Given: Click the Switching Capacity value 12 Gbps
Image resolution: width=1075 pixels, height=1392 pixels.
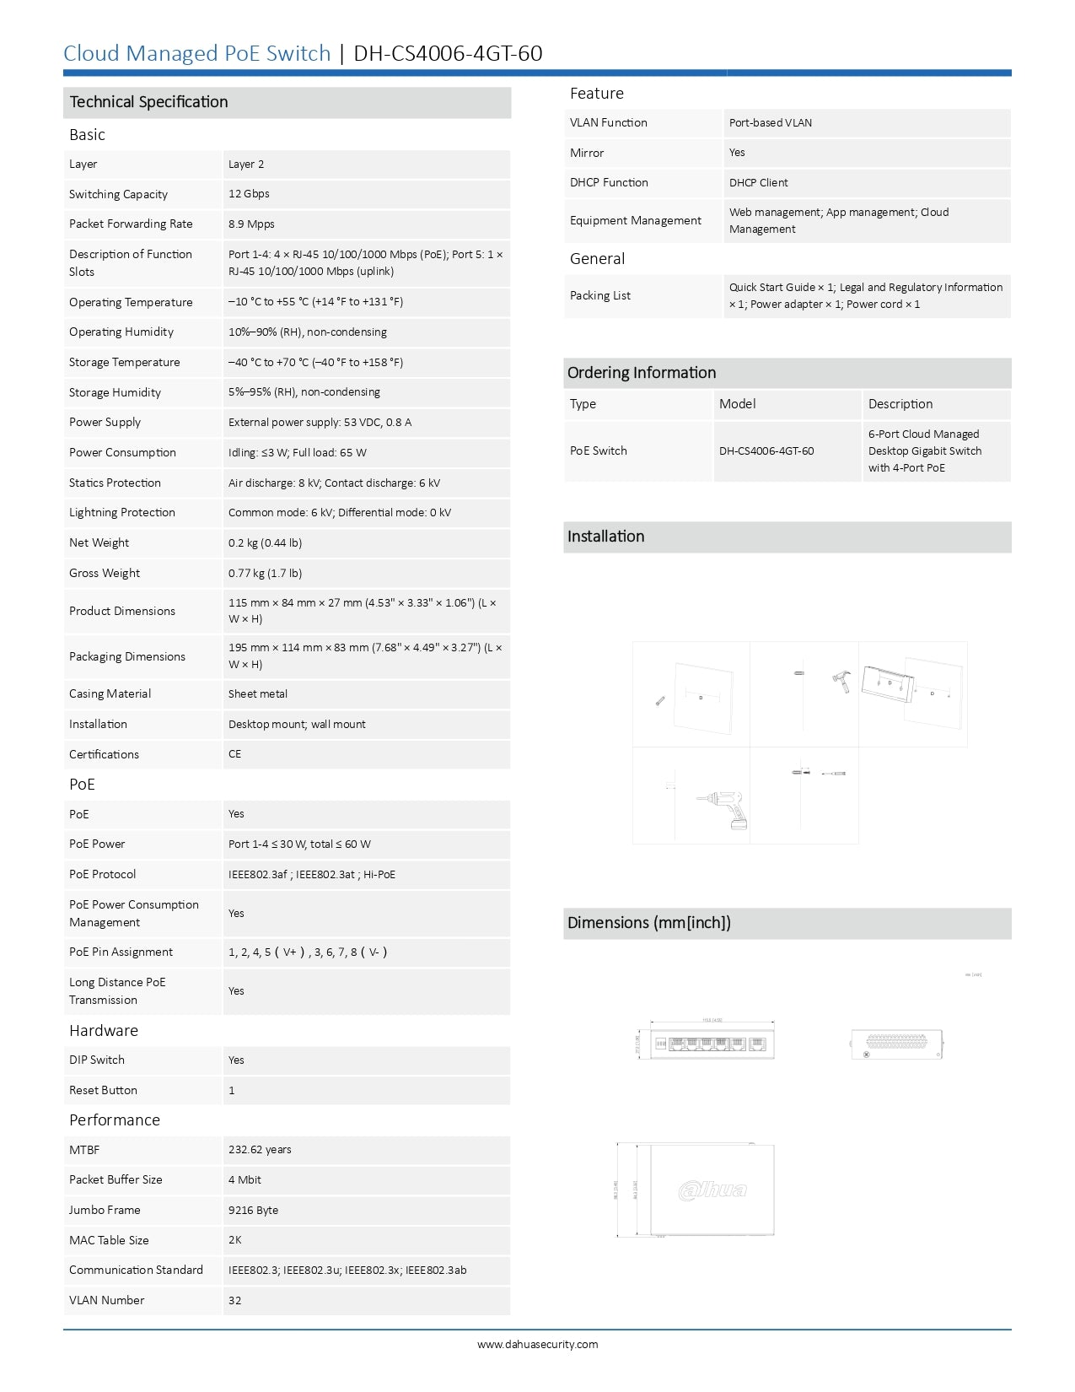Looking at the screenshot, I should (x=249, y=194).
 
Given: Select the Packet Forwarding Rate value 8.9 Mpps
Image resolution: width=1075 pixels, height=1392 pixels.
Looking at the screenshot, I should (x=251, y=224).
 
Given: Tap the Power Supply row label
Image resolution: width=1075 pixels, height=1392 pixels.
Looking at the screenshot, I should (x=105, y=423).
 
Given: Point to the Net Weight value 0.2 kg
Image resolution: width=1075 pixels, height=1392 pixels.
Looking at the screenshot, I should (x=265, y=543).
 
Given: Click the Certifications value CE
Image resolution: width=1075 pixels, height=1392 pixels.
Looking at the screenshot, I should (x=235, y=754).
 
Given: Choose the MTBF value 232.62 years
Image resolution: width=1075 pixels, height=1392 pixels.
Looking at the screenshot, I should (x=260, y=1150).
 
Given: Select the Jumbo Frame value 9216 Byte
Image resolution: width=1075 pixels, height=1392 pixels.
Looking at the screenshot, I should (x=253, y=1211).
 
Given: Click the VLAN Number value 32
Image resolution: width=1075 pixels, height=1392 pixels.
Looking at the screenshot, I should (x=235, y=1301).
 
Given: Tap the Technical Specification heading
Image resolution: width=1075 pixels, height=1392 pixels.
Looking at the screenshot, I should (x=149, y=102).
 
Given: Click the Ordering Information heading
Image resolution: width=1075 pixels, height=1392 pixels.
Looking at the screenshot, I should (x=642, y=373).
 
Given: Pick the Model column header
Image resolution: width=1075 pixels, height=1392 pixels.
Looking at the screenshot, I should (x=738, y=404).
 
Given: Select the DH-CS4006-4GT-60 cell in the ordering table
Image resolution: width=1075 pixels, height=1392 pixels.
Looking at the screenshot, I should (x=766, y=451).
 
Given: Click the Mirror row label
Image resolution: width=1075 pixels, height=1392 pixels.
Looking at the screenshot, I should (x=587, y=154).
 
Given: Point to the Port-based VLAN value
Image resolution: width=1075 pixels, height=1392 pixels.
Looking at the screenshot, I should (x=771, y=123).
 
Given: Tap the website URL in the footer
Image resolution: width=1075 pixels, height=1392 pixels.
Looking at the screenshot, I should (x=538, y=1345).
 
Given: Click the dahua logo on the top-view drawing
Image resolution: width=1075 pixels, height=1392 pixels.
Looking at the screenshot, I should (x=713, y=1190).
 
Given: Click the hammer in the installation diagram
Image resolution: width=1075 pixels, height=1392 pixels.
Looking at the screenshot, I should (x=841, y=681).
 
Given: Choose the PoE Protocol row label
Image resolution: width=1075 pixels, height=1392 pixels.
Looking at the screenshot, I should (x=103, y=875).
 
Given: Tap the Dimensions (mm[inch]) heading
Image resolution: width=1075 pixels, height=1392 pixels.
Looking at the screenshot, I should (x=649, y=923).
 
